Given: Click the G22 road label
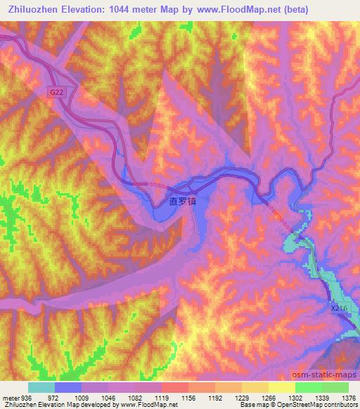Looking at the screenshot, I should (56, 92).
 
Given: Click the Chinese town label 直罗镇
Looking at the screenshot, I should (182, 200).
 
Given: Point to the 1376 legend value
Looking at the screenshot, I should (349, 397).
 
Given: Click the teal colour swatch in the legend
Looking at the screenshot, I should (41, 387).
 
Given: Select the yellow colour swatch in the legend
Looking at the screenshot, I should (281, 387).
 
